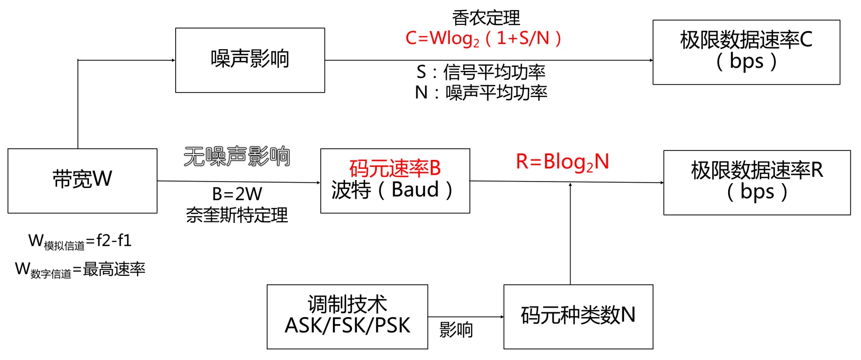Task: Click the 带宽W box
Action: [x=82, y=181]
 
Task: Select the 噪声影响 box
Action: [x=250, y=60]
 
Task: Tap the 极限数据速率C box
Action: [x=746, y=52]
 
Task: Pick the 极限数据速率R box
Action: [x=757, y=182]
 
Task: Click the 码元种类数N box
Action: [x=578, y=316]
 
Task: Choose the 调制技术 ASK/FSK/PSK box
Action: [x=347, y=316]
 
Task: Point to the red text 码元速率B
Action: [x=395, y=168]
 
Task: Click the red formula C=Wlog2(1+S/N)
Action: [x=483, y=38]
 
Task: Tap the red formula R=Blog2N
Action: [x=563, y=162]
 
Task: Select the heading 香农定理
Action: [x=486, y=18]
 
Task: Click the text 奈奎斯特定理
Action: [x=237, y=215]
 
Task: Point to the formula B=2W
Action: [x=237, y=194]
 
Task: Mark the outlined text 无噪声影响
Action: [x=237, y=157]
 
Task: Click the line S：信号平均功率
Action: [x=481, y=71]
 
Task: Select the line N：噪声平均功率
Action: [x=481, y=93]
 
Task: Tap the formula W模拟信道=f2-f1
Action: [x=80, y=241]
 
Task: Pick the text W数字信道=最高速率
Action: [x=80, y=269]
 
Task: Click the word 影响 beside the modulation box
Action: [x=456, y=330]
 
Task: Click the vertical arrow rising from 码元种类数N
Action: [x=570, y=233]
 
